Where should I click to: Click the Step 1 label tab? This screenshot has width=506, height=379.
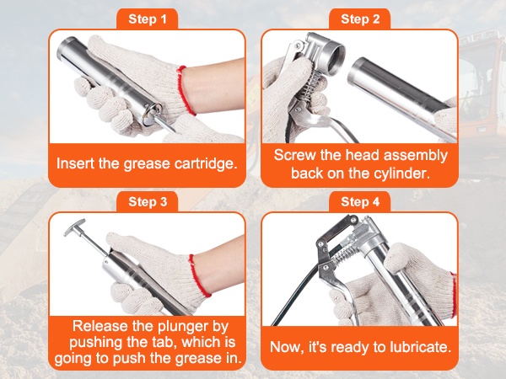pos(147,19)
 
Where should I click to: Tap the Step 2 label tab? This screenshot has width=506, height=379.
pos(360,19)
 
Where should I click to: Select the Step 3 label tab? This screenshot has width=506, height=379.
pos(147,202)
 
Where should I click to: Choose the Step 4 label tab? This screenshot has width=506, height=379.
pos(360,202)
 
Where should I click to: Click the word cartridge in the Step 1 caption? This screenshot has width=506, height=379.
pos(206,163)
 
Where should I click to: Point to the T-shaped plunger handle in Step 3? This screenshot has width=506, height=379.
pos(75,227)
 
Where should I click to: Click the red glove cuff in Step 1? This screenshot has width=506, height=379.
pos(186,90)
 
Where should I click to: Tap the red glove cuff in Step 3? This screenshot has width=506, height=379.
pos(199,275)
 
